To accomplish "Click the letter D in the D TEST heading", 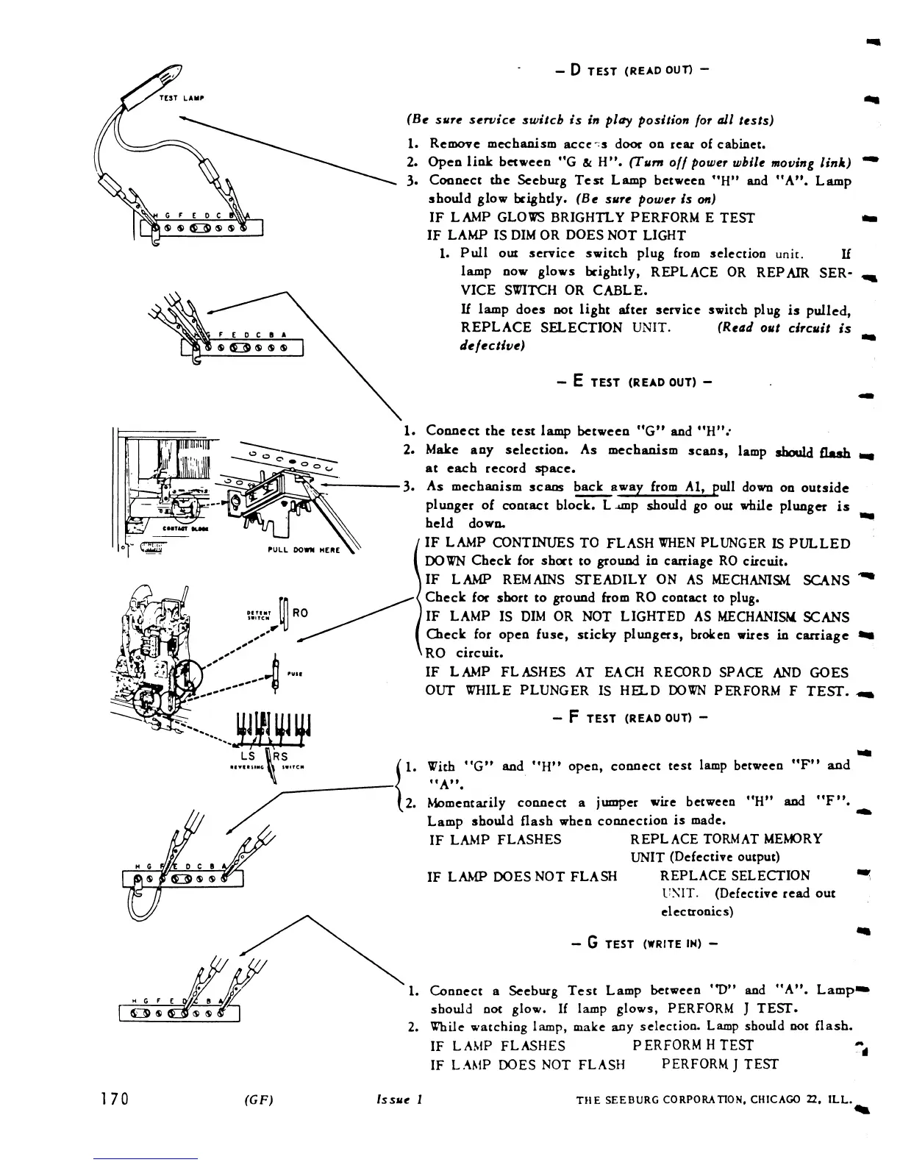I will pos(576,71).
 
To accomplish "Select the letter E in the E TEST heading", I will pos(578,382).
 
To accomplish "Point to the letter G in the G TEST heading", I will pos(590,944).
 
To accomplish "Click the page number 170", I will pos(115,1099).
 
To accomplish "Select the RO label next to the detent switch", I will pos(300,612).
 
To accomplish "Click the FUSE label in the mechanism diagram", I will pos(292,673).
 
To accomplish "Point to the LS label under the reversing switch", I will pos(248,756).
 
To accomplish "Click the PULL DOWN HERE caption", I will pos(311,549).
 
